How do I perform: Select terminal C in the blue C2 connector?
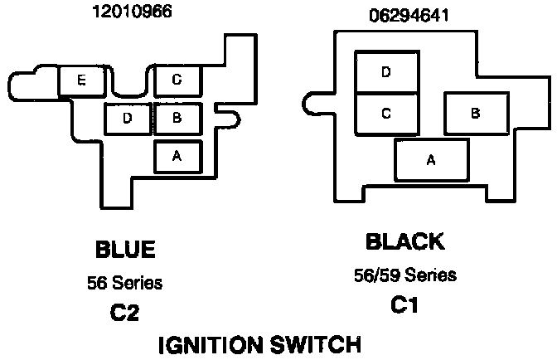pyautogui.click(x=177, y=80)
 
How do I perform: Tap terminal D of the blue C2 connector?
pyautogui.click(x=128, y=118)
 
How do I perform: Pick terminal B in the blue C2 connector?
pyautogui.click(x=177, y=118)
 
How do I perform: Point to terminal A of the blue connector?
pyautogui.click(x=177, y=156)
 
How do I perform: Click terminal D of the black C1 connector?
pyautogui.click(x=385, y=72)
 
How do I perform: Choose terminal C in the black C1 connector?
pyautogui.click(x=385, y=114)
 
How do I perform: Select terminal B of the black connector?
pyautogui.click(x=475, y=114)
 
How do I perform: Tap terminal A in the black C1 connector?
pyautogui.click(x=430, y=160)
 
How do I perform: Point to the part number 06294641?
pyautogui.click(x=404, y=17)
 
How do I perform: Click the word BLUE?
pyautogui.click(x=125, y=249)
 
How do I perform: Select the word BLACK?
pyautogui.click(x=404, y=243)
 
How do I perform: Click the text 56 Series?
pyautogui.click(x=125, y=283)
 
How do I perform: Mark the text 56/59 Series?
pyautogui.click(x=404, y=275)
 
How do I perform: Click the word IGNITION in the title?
pyautogui.click(x=218, y=343)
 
